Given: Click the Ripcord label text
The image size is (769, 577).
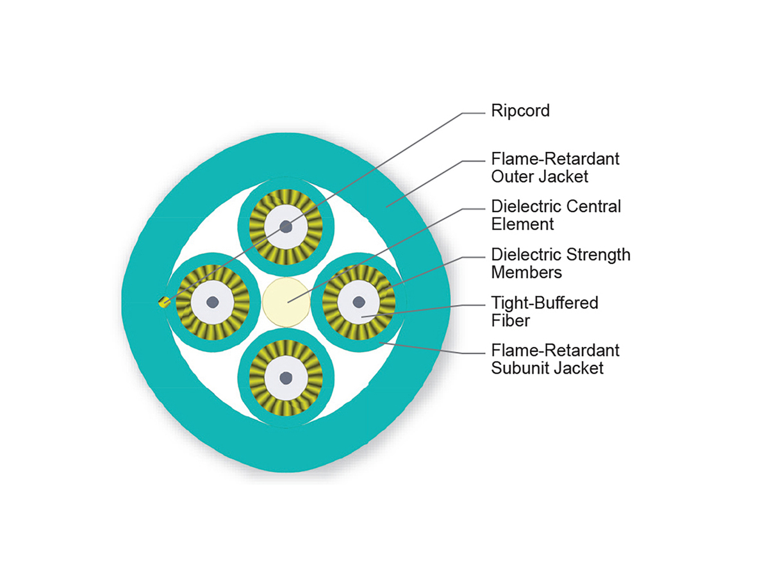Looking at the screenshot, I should [x=520, y=111].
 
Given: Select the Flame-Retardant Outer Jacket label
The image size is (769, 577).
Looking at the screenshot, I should [x=555, y=167].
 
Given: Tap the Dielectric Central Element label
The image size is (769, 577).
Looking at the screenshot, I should [x=556, y=215].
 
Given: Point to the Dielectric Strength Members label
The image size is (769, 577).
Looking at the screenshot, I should [x=560, y=263].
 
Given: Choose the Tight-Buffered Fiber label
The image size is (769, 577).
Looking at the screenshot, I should [x=544, y=311].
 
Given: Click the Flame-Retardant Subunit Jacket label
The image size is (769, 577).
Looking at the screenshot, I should [x=555, y=359].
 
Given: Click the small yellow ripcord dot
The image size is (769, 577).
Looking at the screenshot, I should [x=163, y=303].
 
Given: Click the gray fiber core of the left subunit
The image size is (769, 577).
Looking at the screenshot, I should [x=211, y=302].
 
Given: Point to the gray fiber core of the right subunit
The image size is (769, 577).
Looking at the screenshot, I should [x=360, y=301].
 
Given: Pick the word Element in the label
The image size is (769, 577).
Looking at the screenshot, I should [x=522, y=224].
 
